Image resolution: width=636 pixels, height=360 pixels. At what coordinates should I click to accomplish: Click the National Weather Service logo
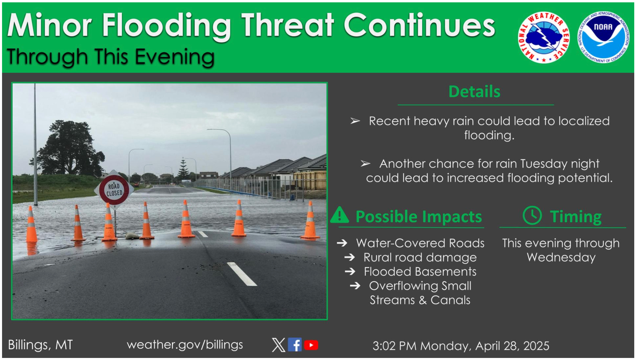[544, 37]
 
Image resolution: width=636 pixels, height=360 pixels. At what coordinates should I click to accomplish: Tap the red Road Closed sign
[114, 190]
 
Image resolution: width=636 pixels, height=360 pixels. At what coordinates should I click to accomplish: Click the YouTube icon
[311, 345]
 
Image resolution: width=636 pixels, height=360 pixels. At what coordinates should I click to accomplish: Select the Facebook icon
[295, 345]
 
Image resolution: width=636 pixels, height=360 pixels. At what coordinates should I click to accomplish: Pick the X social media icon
[278, 345]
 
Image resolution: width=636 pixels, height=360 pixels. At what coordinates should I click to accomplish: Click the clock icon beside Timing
[532, 216]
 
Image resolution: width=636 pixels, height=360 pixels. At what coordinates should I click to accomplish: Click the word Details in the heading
[475, 91]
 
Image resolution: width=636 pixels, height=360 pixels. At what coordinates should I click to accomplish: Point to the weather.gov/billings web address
[185, 345]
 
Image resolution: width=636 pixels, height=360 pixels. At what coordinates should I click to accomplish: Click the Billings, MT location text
[40, 345]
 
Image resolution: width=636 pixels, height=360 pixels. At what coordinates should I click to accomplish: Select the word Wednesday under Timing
[561, 257]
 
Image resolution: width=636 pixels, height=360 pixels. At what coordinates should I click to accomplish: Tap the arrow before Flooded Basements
[350, 272]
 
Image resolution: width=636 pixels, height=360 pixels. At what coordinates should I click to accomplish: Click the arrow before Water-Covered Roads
[342, 243]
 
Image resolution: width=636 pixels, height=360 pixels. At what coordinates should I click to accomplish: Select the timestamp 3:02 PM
[394, 346]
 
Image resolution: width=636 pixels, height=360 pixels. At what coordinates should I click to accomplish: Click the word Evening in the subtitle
[175, 57]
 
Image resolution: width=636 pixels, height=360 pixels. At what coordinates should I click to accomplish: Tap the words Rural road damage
[420, 257]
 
